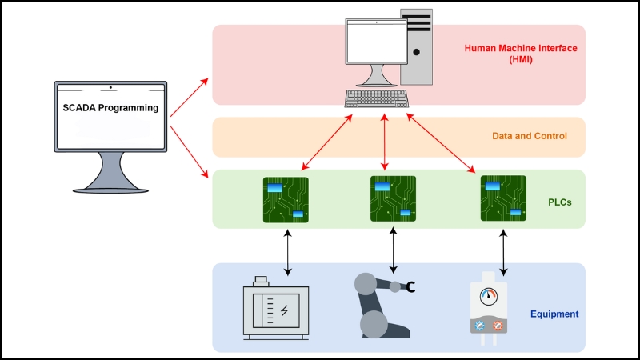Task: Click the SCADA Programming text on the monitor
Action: (x=110, y=108)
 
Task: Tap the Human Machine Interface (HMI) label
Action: (x=521, y=54)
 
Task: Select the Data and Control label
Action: (x=529, y=137)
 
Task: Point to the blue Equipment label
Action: (x=554, y=314)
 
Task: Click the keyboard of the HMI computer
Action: (x=376, y=99)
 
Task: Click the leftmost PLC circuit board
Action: (x=286, y=200)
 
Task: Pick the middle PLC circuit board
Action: (x=393, y=198)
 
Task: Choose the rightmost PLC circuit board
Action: (x=503, y=198)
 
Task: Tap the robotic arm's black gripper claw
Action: (x=410, y=286)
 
